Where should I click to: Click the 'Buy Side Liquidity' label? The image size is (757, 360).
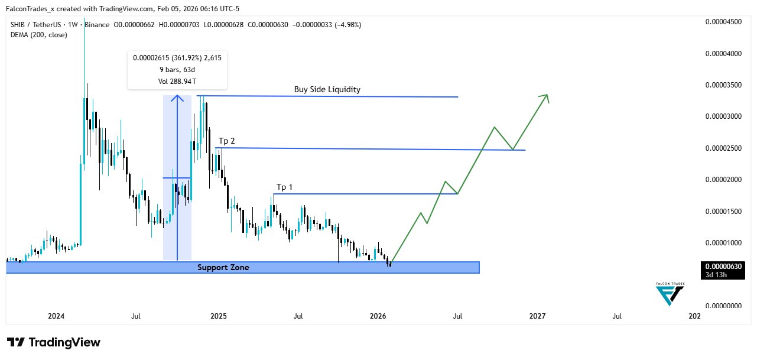tap(327, 90)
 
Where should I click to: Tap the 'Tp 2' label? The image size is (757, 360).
tap(227, 141)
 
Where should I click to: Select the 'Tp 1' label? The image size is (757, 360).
tap(284, 187)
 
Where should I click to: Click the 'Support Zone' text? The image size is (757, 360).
tap(223, 268)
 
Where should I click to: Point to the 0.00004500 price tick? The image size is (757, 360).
tap(724, 22)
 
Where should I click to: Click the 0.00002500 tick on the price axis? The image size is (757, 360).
tap(724, 148)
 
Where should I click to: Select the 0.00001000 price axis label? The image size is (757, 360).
tap(724, 243)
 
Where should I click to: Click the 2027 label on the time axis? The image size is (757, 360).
tap(537, 316)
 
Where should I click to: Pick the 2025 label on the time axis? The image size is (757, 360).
tap(218, 316)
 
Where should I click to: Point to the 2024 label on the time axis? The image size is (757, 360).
tap(56, 316)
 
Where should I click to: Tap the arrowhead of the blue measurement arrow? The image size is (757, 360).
tap(177, 98)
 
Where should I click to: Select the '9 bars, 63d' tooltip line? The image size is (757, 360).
tap(177, 69)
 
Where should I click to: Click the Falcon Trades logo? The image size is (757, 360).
tap(670, 294)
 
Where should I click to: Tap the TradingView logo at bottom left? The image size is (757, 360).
tap(54, 342)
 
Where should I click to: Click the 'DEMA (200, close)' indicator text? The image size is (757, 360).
tap(38, 35)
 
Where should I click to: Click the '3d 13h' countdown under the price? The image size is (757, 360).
tap(717, 274)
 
